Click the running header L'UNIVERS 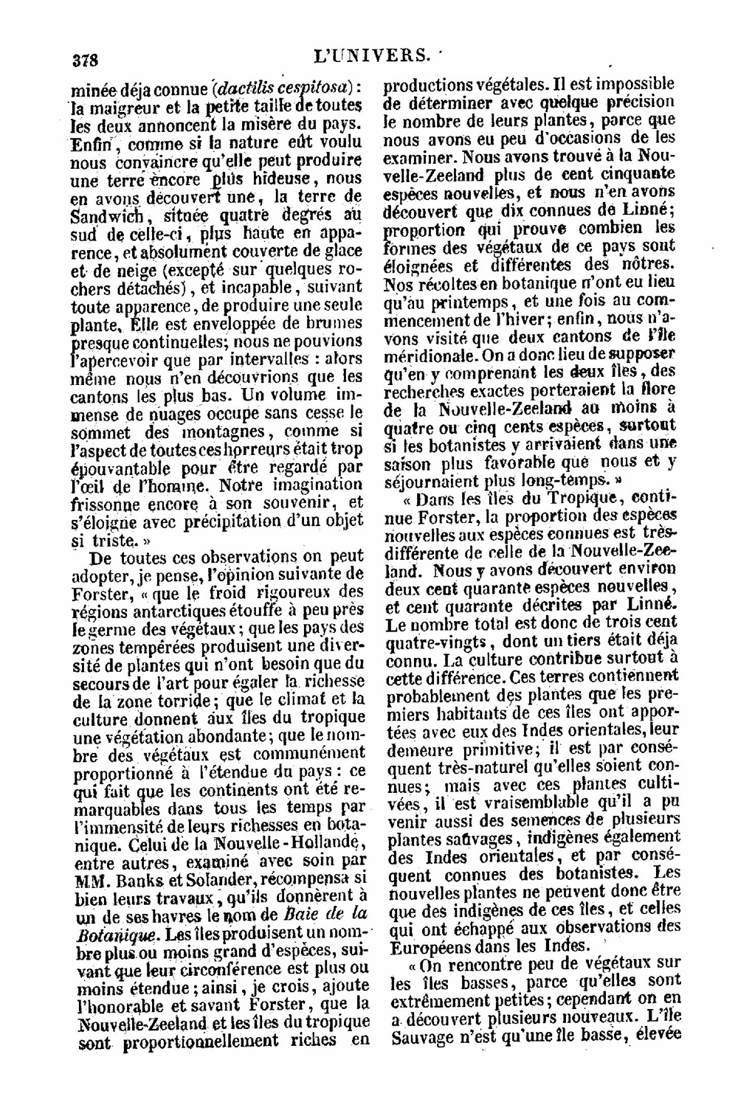click(x=370, y=54)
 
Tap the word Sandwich click(x=107, y=216)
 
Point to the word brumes click(x=336, y=322)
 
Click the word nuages click(x=172, y=413)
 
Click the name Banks click(x=137, y=881)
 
